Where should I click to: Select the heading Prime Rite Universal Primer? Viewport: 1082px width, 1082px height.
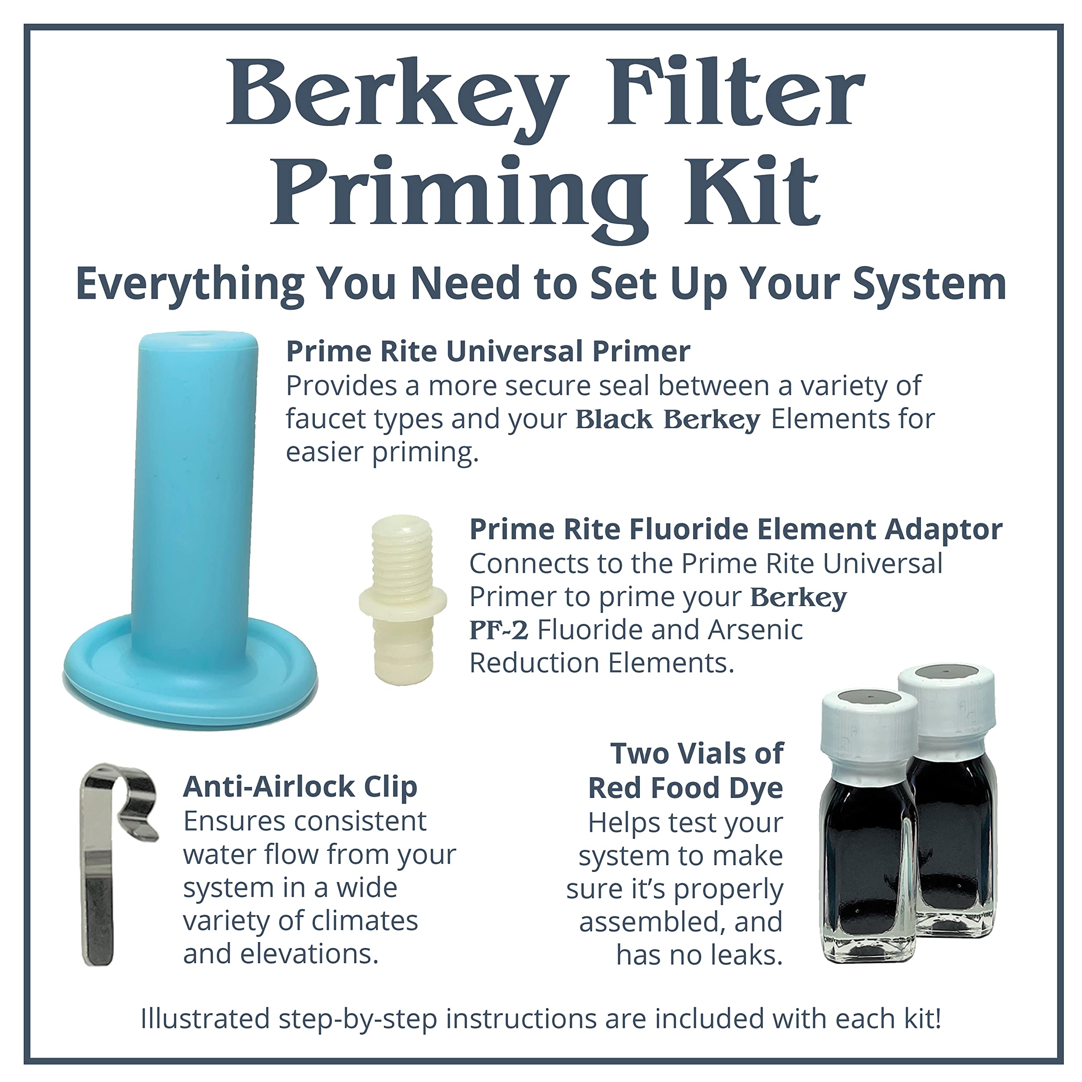488,352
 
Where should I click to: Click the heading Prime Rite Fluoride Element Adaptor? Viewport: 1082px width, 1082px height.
736,529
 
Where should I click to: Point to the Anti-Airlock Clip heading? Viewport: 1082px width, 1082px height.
300,787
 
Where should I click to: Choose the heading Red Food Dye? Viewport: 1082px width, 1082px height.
686,788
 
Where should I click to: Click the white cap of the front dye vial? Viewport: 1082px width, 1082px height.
868,721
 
